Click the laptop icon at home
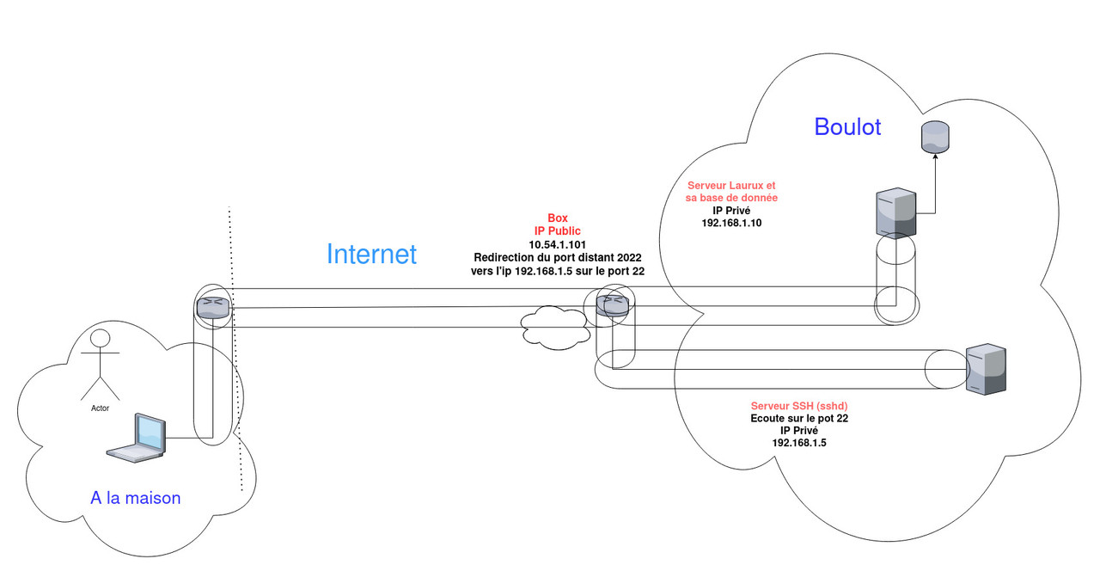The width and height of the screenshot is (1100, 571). (x=136, y=439)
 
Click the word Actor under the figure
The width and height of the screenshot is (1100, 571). (x=101, y=408)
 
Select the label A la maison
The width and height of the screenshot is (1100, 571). (x=136, y=497)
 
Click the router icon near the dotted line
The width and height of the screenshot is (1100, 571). (x=213, y=307)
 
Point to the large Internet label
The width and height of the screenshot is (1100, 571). (x=371, y=254)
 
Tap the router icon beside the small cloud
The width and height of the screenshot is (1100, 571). (x=614, y=304)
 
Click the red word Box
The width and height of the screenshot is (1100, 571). (x=558, y=218)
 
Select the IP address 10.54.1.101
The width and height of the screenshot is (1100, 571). (x=558, y=244)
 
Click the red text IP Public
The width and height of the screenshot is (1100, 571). (x=558, y=231)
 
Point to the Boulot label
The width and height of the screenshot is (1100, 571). (x=847, y=126)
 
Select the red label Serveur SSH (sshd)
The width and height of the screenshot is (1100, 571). (x=793, y=406)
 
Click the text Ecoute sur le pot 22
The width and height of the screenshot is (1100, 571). (x=793, y=418)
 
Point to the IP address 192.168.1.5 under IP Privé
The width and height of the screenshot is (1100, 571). (x=793, y=442)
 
